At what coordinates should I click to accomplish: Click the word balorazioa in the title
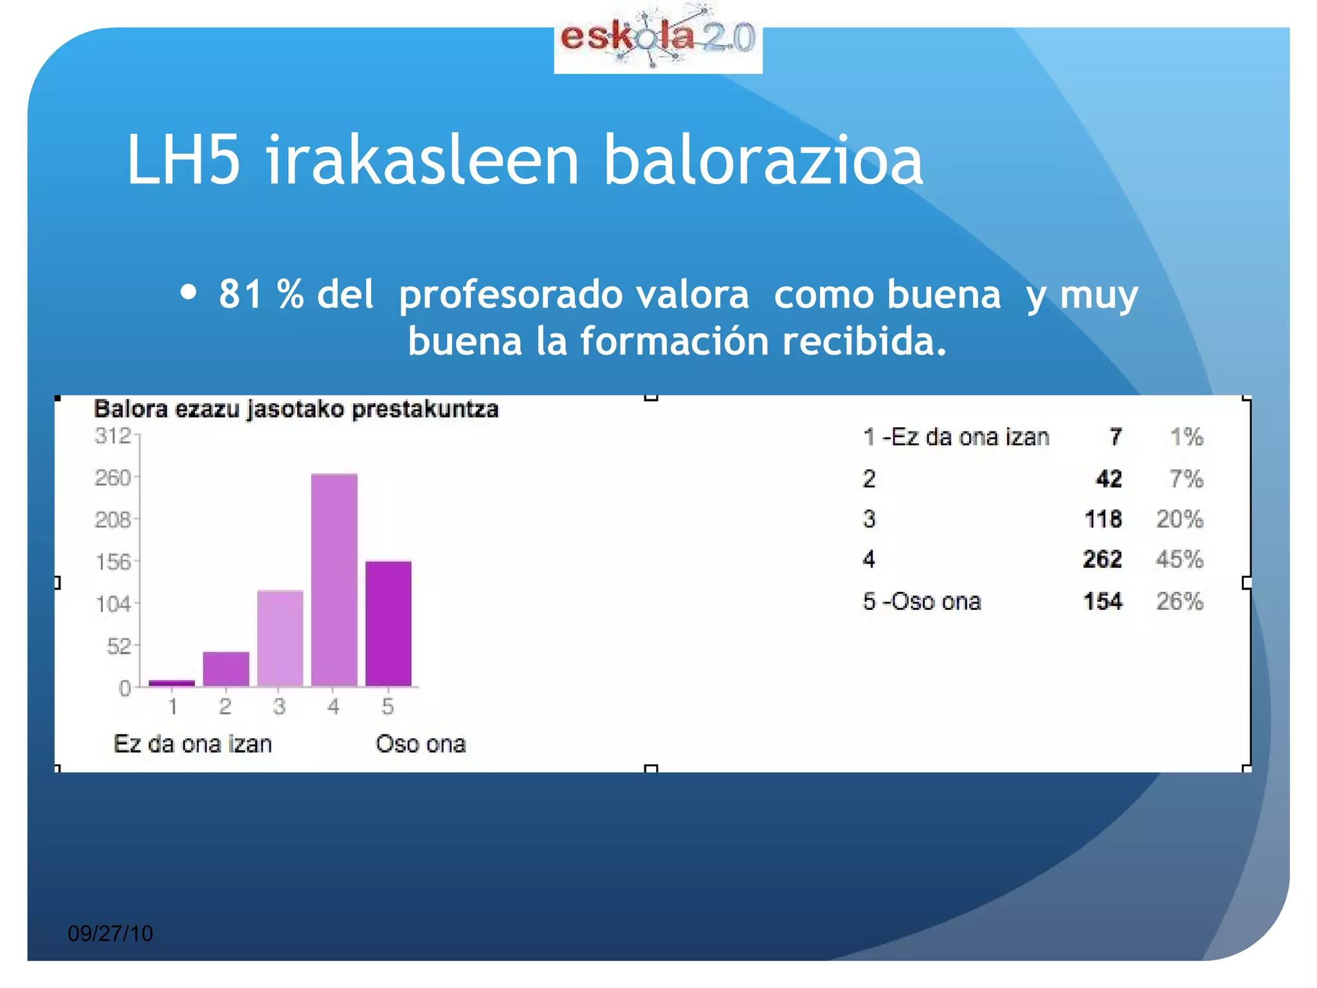(763, 160)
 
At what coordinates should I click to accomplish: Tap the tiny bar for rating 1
(172, 683)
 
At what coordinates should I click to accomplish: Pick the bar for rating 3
(280, 638)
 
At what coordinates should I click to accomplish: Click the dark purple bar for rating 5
(388, 623)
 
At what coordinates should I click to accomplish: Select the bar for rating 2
(226, 669)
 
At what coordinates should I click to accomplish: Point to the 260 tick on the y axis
(113, 478)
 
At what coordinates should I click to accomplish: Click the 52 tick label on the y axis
(119, 646)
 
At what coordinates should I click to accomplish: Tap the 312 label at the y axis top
(113, 436)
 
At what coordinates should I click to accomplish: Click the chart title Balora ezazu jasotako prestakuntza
(296, 409)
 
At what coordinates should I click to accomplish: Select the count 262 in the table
(1102, 559)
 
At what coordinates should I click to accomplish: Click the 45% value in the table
(1179, 559)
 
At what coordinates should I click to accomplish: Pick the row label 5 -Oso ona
(922, 601)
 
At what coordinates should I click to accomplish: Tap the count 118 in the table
(1103, 519)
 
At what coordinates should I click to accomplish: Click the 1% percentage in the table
(1186, 437)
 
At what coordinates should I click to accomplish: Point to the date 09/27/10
(111, 933)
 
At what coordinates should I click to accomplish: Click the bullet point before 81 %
(188, 293)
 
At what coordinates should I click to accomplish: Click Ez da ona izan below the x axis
(193, 744)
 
